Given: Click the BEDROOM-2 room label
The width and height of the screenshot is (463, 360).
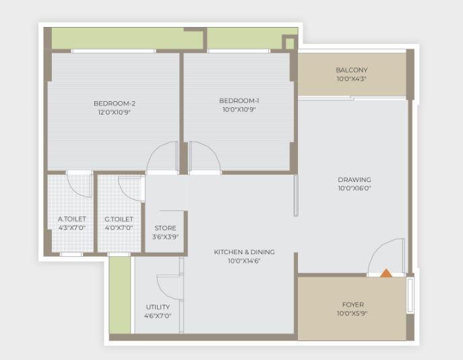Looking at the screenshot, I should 115,103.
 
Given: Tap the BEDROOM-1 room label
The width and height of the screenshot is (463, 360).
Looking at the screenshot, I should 239,101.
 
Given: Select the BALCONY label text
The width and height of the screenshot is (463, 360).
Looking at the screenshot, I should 352,70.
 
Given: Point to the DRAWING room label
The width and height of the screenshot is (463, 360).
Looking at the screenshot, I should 354,179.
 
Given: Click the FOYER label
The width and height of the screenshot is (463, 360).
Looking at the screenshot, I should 353,305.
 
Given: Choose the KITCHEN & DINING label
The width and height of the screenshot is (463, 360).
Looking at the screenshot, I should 245,252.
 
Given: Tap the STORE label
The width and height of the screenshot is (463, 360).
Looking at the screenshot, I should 165,228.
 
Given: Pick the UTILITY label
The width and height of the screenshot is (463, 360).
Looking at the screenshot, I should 158,307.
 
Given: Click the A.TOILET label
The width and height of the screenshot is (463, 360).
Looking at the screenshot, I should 71,219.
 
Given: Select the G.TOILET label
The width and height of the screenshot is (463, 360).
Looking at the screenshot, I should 119,219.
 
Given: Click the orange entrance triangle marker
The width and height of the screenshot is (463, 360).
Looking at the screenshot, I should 386,273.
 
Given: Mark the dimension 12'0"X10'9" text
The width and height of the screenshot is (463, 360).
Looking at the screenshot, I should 115,113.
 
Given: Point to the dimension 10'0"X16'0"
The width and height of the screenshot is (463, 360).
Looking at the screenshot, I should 354,189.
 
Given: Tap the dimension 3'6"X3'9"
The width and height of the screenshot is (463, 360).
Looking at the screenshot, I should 165,237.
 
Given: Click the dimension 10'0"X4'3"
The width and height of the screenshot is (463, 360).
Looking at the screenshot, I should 352,79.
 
